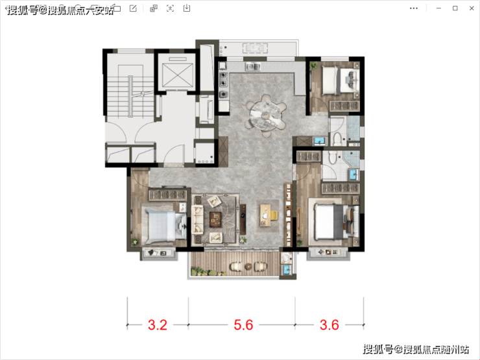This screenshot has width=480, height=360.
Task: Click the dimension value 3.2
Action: (158, 325)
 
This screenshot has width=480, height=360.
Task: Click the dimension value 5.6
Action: (243, 325)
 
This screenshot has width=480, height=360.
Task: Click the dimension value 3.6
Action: (330, 325)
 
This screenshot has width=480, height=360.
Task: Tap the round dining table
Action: (266, 116)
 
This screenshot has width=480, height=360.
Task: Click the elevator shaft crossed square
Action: (178, 75)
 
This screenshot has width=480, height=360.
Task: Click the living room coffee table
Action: (215, 219)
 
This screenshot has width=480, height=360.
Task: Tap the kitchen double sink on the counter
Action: (252, 66)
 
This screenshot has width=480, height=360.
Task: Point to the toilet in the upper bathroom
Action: (337, 139)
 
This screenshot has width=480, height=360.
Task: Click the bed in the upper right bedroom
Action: (340, 80)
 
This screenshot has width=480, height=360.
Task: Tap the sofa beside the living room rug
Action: (197, 219)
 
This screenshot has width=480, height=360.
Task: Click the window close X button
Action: (472, 8)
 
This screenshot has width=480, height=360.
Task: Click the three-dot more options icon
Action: (414, 8)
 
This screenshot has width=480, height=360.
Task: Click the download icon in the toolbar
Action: (186, 8)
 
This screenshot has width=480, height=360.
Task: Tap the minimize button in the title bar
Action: (438, 8)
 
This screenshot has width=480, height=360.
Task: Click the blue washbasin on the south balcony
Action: (287, 270)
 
